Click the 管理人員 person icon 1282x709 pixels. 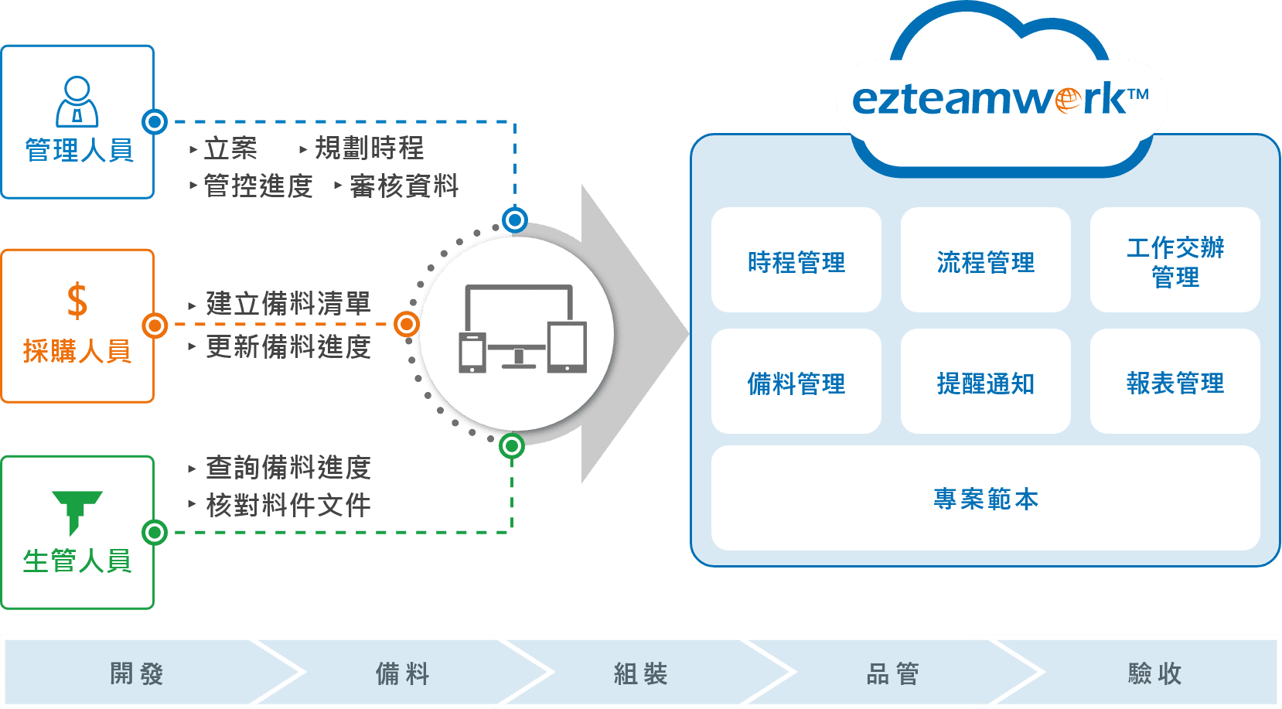(x=77, y=101)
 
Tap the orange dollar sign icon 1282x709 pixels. (x=77, y=301)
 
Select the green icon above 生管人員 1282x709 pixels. (x=77, y=511)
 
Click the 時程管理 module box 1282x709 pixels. (x=796, y=261)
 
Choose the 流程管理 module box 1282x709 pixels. (x=985, y=261)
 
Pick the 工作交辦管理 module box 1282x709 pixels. (x=1175, y=261)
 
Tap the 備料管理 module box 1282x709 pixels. (x=796, y=382)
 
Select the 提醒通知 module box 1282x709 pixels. (x=985, y=382)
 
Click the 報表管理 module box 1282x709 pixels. (x=1175, y=382)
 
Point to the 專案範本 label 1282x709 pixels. (x=985, y=499)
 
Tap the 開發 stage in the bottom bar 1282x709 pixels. (x=137, y=673)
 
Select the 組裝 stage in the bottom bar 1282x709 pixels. (x=640, y=673)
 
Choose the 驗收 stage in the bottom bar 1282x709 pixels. (x=1154, y=673)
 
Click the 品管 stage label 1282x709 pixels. (x=892, y=673)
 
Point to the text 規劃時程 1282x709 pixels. (x=369, y=148)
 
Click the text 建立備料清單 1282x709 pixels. (x=288, y=303)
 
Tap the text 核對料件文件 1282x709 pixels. (x=288, y=506)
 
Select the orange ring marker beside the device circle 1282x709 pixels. (x=407, y=324)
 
